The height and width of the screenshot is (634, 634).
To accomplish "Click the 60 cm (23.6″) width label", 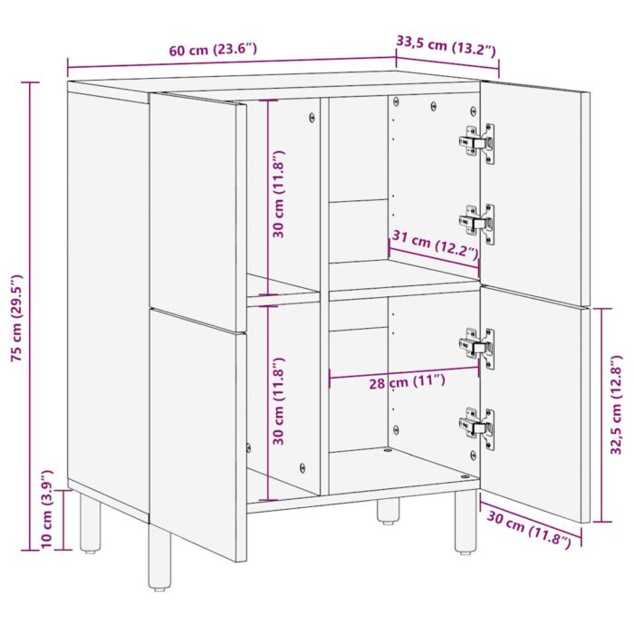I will [214, 51].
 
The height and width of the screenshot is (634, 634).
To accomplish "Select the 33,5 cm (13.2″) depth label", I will [447, 43].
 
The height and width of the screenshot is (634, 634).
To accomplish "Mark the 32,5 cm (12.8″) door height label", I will [617, 404].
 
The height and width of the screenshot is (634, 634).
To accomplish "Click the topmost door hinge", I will [475, 143].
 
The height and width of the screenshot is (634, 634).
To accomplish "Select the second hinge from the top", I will [475, 223].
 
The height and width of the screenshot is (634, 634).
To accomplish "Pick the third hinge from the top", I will [475, 347].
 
